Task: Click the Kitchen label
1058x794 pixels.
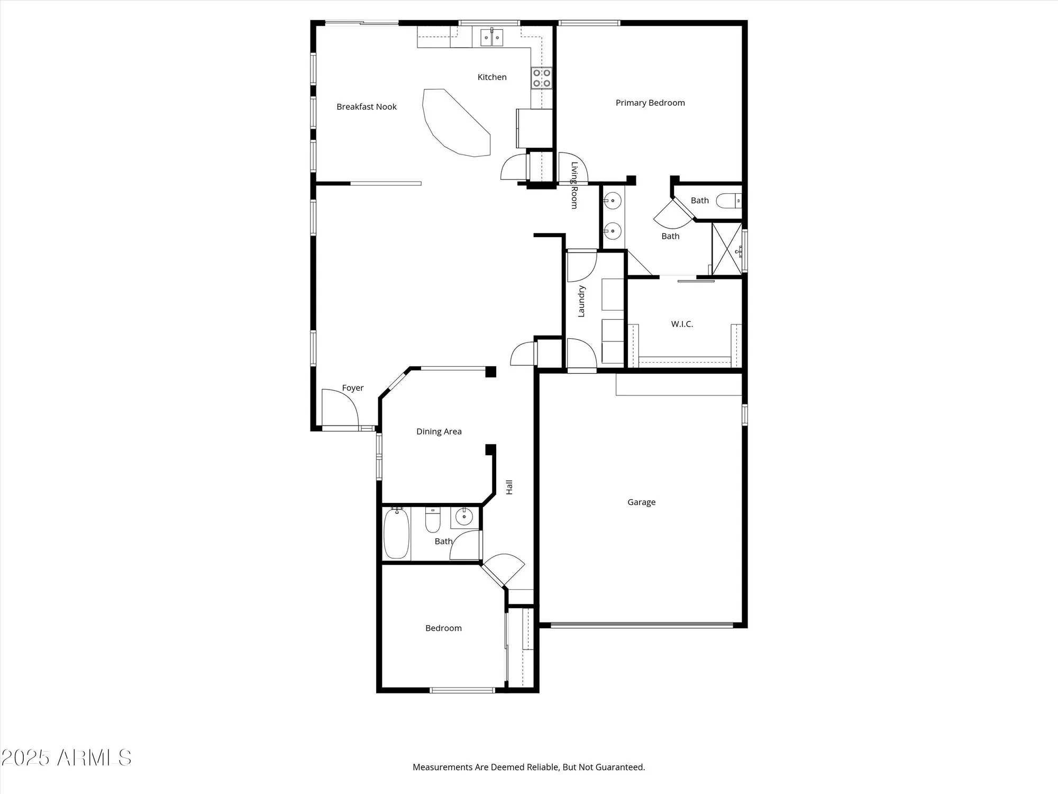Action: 492,77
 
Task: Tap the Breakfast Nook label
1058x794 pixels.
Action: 367,107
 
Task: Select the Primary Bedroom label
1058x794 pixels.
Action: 650,103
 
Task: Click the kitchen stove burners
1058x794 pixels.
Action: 542,78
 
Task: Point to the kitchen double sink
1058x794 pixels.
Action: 492,38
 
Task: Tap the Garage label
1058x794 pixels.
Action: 641,502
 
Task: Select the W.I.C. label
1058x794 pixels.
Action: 682,324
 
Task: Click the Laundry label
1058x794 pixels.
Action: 581,301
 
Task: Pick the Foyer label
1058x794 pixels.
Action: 353,388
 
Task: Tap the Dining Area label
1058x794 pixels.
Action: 439,431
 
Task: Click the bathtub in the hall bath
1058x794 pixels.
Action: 396,533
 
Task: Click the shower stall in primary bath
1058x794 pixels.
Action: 727,249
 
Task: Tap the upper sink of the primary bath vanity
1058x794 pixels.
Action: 613,201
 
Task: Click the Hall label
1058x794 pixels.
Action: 509,487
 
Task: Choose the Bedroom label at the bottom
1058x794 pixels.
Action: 443,628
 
